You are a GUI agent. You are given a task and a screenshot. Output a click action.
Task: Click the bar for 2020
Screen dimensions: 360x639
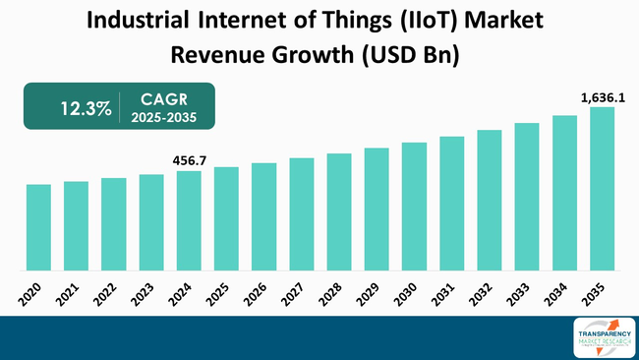pyautogui.click(x=38, y=227)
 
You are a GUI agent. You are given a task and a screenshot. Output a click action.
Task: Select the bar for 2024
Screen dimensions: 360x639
pyautogui.click(x=189, y=220)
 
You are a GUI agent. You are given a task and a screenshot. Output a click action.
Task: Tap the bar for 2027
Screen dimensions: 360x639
pyautogui.click(x=302, y=213)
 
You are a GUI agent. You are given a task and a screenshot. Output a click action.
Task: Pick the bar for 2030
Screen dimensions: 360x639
pyautogui.click(x=414, y=206)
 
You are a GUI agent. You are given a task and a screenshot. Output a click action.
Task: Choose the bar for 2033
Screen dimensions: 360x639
pyautogui.click(x=527, y=196)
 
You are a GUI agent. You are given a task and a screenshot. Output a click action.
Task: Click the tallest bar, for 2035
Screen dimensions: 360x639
pyautogui.click(x=602, y=188)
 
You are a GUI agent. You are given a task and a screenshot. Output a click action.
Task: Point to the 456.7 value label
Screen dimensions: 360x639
pyautogui.click(x=189, y=159)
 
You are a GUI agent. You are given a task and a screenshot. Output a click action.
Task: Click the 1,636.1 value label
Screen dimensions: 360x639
pyautogui.click(x=602, y=95)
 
